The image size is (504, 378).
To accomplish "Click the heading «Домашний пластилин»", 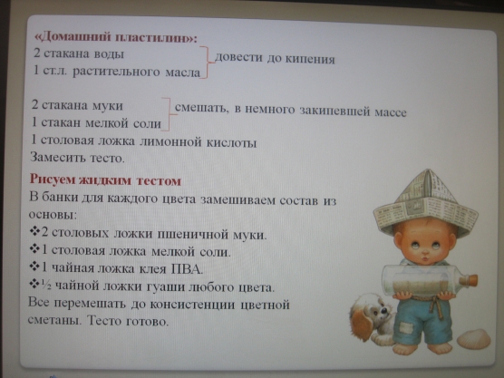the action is [115, 37].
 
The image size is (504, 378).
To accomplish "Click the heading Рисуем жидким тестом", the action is [105, 180].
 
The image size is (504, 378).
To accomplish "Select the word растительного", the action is [116, 72].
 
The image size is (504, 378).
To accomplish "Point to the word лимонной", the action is [170, 141].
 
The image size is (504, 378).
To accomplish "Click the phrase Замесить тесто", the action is [77, 158].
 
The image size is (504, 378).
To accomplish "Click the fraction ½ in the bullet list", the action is [46, 285].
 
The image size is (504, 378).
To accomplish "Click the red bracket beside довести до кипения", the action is [207, 63].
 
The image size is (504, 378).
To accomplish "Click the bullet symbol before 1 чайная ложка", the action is [34, 267].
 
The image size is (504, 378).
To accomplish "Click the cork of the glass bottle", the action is [470, 280].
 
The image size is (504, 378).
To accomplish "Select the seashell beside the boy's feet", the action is [474, 339].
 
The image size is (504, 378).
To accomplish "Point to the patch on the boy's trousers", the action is [405, 328].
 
